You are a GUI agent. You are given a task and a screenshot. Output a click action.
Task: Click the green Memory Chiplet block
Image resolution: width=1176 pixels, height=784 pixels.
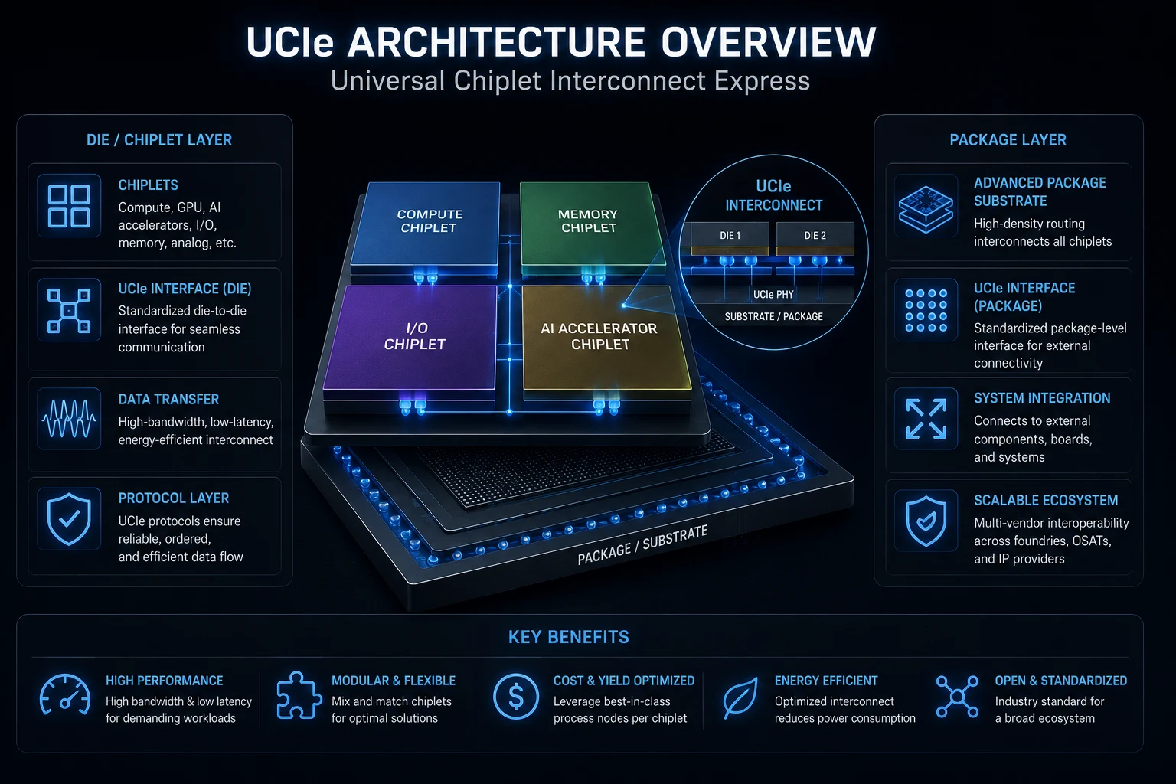[x=592, y=223]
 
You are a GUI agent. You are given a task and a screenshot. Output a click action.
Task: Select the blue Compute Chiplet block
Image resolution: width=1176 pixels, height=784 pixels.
[x=426, y=223]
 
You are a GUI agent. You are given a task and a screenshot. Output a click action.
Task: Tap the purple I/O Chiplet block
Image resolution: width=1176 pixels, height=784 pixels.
[x=411, y=337]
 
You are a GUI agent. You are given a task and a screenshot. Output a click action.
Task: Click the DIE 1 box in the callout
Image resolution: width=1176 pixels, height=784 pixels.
[x=730, y=235]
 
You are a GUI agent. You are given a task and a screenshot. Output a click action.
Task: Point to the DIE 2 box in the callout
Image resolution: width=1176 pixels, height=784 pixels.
[x=815, y=235]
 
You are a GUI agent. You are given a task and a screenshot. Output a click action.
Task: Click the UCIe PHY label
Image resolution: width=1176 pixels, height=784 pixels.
[x=773, y=295]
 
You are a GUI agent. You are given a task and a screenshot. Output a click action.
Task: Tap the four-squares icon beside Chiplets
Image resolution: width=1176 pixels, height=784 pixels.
[x=69, y=206]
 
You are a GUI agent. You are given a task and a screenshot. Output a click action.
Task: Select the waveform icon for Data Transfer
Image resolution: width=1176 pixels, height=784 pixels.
[x=69, y=419]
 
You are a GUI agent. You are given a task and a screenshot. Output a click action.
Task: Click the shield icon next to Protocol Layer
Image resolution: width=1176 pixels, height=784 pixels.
[x=69, y=519]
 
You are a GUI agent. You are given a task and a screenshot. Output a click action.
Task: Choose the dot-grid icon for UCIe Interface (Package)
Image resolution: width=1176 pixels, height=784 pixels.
[x=926, y=310]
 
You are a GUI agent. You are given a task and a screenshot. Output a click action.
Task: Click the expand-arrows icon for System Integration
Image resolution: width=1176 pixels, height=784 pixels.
[x=926, y=419]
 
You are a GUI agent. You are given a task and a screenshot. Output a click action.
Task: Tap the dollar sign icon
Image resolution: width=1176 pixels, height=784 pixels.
[x=515, y=697]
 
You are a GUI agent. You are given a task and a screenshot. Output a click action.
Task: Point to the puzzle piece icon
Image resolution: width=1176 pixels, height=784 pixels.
[x=298, y=694]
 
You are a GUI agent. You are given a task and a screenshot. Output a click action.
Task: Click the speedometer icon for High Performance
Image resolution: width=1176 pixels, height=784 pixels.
[x=64, y=694]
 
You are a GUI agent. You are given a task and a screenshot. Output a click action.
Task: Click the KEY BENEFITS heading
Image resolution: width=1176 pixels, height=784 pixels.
[x=569, y=637]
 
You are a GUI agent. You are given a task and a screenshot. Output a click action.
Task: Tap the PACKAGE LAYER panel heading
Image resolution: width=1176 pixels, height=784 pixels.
[x=1008, y=139]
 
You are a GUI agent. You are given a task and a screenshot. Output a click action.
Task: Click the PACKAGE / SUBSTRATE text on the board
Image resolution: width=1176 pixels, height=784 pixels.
[x=642, y=544]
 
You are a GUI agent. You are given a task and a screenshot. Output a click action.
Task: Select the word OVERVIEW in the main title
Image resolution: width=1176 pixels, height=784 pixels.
[x=768, y=42]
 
